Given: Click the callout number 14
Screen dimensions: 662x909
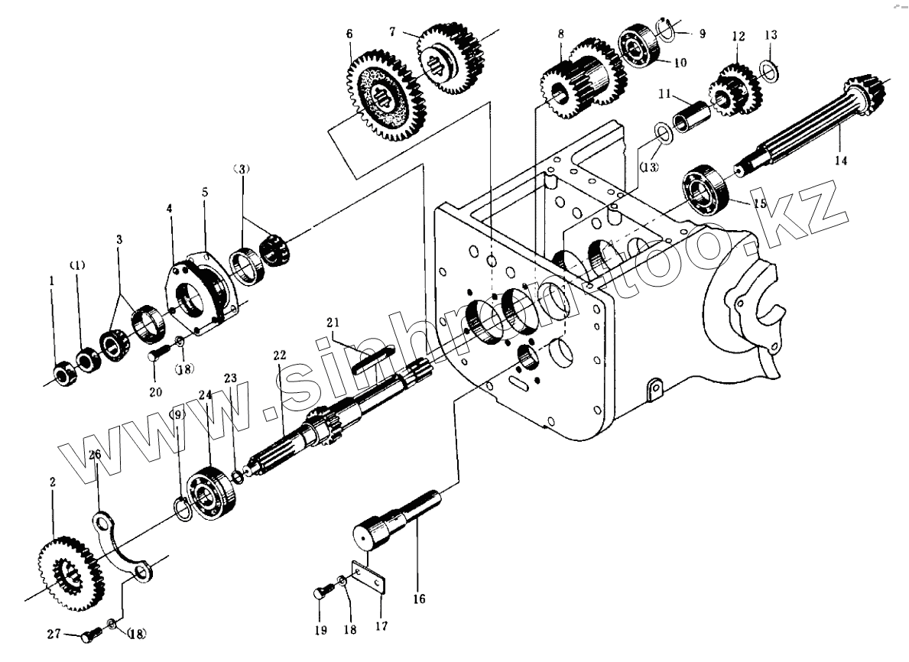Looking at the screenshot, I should pyautogui.click(x=841, y=161).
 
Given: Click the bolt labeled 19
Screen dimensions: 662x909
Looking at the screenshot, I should pyautogui.click(x=322, y=592).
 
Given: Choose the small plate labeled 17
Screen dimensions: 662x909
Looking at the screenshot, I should pyautogui.click(x=368, y=579).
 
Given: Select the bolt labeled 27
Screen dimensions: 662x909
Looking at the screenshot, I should pyautogui.click(x=92, y=634).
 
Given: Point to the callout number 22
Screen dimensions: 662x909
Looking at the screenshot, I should pyautogui.click(x=278, y=355).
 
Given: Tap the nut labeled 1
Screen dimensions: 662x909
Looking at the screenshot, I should pyautogui.click(x=63, y=374).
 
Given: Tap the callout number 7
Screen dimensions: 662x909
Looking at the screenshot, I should pyautogui.click(x=391, y=32).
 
